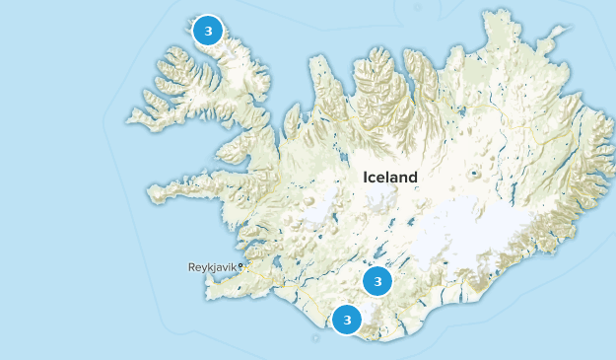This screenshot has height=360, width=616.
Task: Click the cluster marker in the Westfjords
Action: click(x=207, y=31)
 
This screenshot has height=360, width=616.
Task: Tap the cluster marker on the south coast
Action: click(x=347, y=320)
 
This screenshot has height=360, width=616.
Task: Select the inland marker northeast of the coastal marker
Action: click(x=376, y=281)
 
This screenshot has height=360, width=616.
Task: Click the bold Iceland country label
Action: click(x=390, y=178)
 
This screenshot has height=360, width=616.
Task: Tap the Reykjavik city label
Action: click(x=212, y=267)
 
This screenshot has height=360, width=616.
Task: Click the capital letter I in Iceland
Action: click(x=366, y=178)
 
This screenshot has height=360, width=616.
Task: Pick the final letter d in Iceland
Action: click(x=413, y=178)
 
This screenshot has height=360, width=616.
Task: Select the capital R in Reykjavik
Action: click(x=191, y=267)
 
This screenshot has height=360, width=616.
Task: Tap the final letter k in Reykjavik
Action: click(x=234, y=267)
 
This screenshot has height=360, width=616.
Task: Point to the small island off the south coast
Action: click(x=314, y=338)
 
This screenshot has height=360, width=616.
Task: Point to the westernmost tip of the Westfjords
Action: click(x=127, y=120)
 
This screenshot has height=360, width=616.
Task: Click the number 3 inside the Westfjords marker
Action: click(x=207, y=31)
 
